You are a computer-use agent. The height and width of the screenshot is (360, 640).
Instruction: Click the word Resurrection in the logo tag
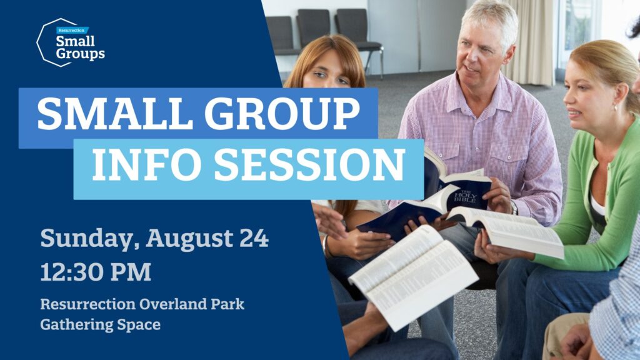71,30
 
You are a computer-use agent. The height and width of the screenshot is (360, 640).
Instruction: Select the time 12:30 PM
96,272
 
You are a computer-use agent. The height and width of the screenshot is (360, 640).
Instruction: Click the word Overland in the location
172,304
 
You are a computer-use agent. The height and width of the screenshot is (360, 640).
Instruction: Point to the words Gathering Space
101,325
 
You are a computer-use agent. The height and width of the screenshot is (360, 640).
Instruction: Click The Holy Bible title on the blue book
465,196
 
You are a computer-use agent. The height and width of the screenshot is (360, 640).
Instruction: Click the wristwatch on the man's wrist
514,209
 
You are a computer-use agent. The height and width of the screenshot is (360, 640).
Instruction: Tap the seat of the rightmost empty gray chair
367,46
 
